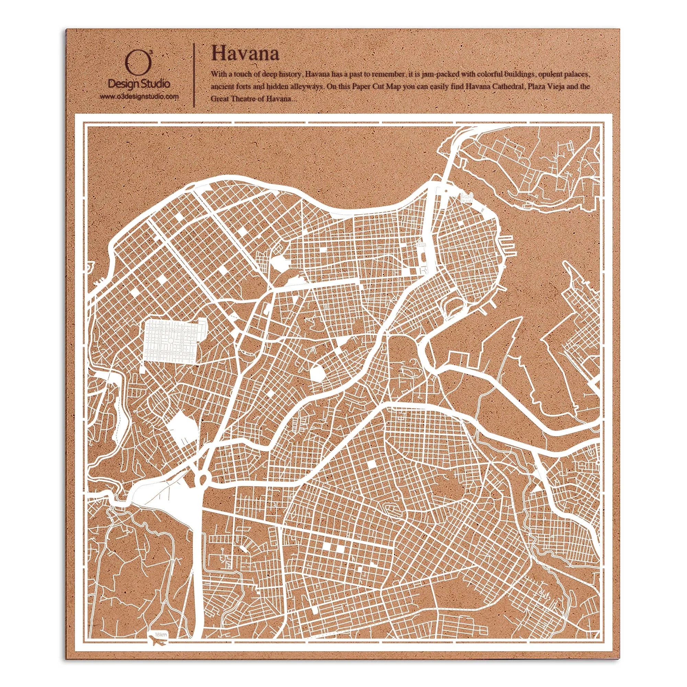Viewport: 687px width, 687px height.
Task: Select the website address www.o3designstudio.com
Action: (x=139, y=97)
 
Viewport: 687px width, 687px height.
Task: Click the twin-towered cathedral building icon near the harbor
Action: (x=468, y=198)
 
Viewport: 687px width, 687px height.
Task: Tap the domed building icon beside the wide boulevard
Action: (x=421, y=245)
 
